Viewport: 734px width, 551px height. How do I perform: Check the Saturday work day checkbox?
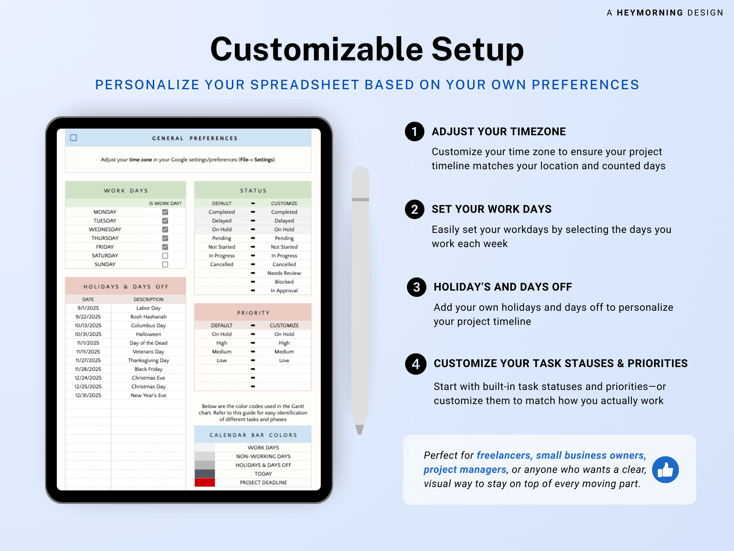pyautogui.click(x=165, y=256)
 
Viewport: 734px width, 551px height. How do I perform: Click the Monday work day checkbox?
pyautogui.click(x=165, y=212)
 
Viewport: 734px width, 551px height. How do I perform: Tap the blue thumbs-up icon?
pyautogui.click(x=665, y=470)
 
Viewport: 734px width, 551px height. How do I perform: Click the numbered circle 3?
pyautogui.click(x=416, y=287)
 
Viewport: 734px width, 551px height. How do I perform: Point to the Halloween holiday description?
pyautogui.click(x=148, y=334)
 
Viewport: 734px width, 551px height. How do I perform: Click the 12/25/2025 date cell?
pyautogui.click(x=88, y=387)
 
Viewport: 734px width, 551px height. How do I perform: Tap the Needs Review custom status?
pyautogui.click(x=284, y=273)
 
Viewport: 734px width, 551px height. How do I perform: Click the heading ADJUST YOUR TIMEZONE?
pyautogui.click(x=498, y=131)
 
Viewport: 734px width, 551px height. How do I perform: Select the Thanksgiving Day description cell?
pyautogui.click(x=148, y=360)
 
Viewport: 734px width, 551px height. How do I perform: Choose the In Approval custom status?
pyautogui.click(x=284, y=291)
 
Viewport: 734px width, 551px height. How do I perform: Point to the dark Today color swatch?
pyautogui.click(x=205, y=474)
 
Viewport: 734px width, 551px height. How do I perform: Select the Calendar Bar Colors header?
pyautogui.click(x=253, y=435)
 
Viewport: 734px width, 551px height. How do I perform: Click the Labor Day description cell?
pyautogui.click(x=148, y=308)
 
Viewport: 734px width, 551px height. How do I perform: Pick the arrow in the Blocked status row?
pyautogui.click(x=253, y=282)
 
